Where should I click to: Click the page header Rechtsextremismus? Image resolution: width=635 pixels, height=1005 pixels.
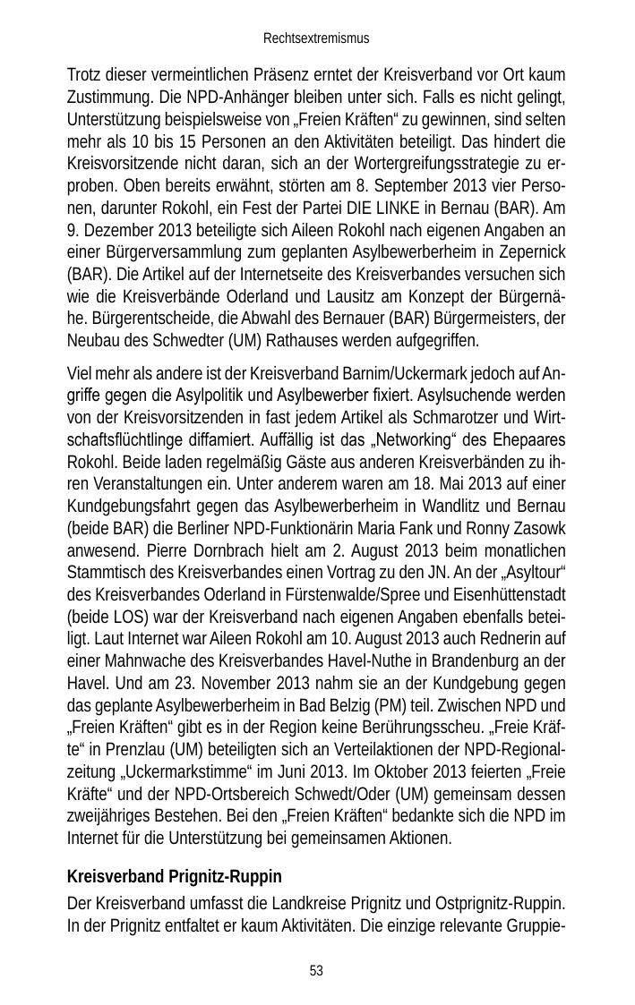pos(316,39)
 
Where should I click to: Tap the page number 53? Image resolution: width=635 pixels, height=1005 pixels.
pos(316,971)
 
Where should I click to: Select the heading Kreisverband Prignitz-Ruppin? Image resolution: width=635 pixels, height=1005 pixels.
pos(175,876)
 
